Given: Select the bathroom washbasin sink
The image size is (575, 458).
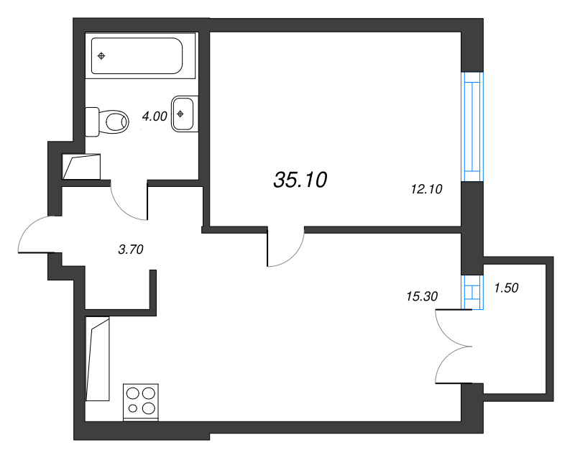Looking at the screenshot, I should tap(183, 113).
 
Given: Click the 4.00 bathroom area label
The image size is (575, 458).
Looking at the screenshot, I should tap(155, 116).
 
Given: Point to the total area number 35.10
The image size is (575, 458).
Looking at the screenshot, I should tap(300, 180).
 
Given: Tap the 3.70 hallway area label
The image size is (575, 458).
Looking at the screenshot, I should tap(132, 249).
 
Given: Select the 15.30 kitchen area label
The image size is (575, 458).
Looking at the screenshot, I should tap(421, 295).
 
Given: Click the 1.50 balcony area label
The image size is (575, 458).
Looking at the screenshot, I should tap(506, 288).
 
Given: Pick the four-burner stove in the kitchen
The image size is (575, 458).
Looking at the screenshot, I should tap(141, 401).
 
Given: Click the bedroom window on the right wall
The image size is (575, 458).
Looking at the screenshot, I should tap(471, 127).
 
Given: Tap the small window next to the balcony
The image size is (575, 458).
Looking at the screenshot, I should tap(471, 292).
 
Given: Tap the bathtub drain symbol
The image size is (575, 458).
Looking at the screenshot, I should tap(101, 55).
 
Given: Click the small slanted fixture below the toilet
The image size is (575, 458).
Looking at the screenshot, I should tap(80, 168).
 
